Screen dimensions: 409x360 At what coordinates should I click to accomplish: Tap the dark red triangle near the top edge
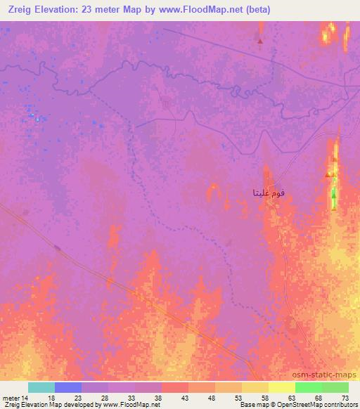tap(260, 41)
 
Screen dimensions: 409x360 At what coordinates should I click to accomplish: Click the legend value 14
tap(25, 397)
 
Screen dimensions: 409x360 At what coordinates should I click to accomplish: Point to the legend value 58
tap(263, 397)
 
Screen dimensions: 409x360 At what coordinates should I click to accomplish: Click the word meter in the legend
tap(10, 397)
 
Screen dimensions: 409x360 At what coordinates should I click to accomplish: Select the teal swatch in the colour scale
tap(41, 387)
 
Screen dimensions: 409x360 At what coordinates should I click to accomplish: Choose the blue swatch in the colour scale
tap(68, 387)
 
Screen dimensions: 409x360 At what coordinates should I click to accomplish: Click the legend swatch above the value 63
tap(282, 387)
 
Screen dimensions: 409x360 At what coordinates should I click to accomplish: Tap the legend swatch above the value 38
tap(148, 387)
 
